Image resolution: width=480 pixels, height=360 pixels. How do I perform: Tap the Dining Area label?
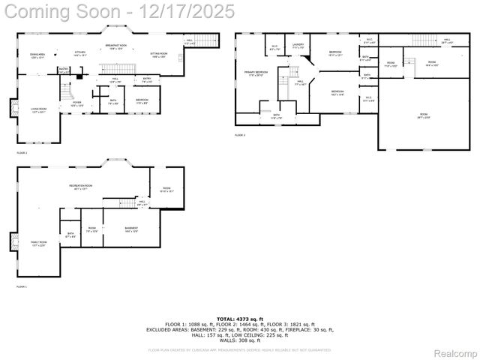click(x=37, y=55)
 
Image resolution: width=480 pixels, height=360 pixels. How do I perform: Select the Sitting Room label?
click(x=158, y=55)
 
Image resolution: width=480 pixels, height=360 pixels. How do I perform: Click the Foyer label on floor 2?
click(x=76, y=103)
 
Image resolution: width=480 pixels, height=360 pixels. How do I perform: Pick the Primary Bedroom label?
click(x=253, y=73)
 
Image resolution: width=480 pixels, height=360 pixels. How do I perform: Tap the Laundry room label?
click(x=298, y=46)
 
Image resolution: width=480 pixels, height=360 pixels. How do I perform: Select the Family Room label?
click(x=37, y=244)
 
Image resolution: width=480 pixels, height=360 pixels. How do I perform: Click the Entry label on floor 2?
click(x=147, y=80)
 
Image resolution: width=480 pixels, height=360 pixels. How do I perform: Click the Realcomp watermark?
click(x=455, y=352)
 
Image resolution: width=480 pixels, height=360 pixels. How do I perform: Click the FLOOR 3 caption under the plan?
click(x=240, y=135)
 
